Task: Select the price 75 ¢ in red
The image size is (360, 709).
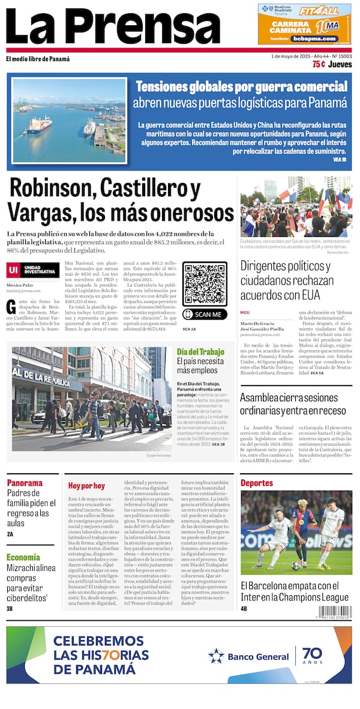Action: click(x=319, y=64)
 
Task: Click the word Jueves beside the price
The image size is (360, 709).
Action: click(x=340, y=64)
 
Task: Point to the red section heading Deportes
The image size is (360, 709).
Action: click(x=257, y=483)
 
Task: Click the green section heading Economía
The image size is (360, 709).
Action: click(x=23, y=557)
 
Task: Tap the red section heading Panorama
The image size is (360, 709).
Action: click(x=25, y=483)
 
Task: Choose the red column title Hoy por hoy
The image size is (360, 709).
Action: click(x=86, y=486)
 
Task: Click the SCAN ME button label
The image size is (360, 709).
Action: click(x=205, y=314)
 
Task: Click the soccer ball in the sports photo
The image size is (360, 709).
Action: click(x=296, y=565)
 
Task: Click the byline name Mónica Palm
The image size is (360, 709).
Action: click(x=20, y=285)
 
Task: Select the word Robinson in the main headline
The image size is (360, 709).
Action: click(x=52, y=190)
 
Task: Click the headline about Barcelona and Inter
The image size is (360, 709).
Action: click(x=295, y=591)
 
